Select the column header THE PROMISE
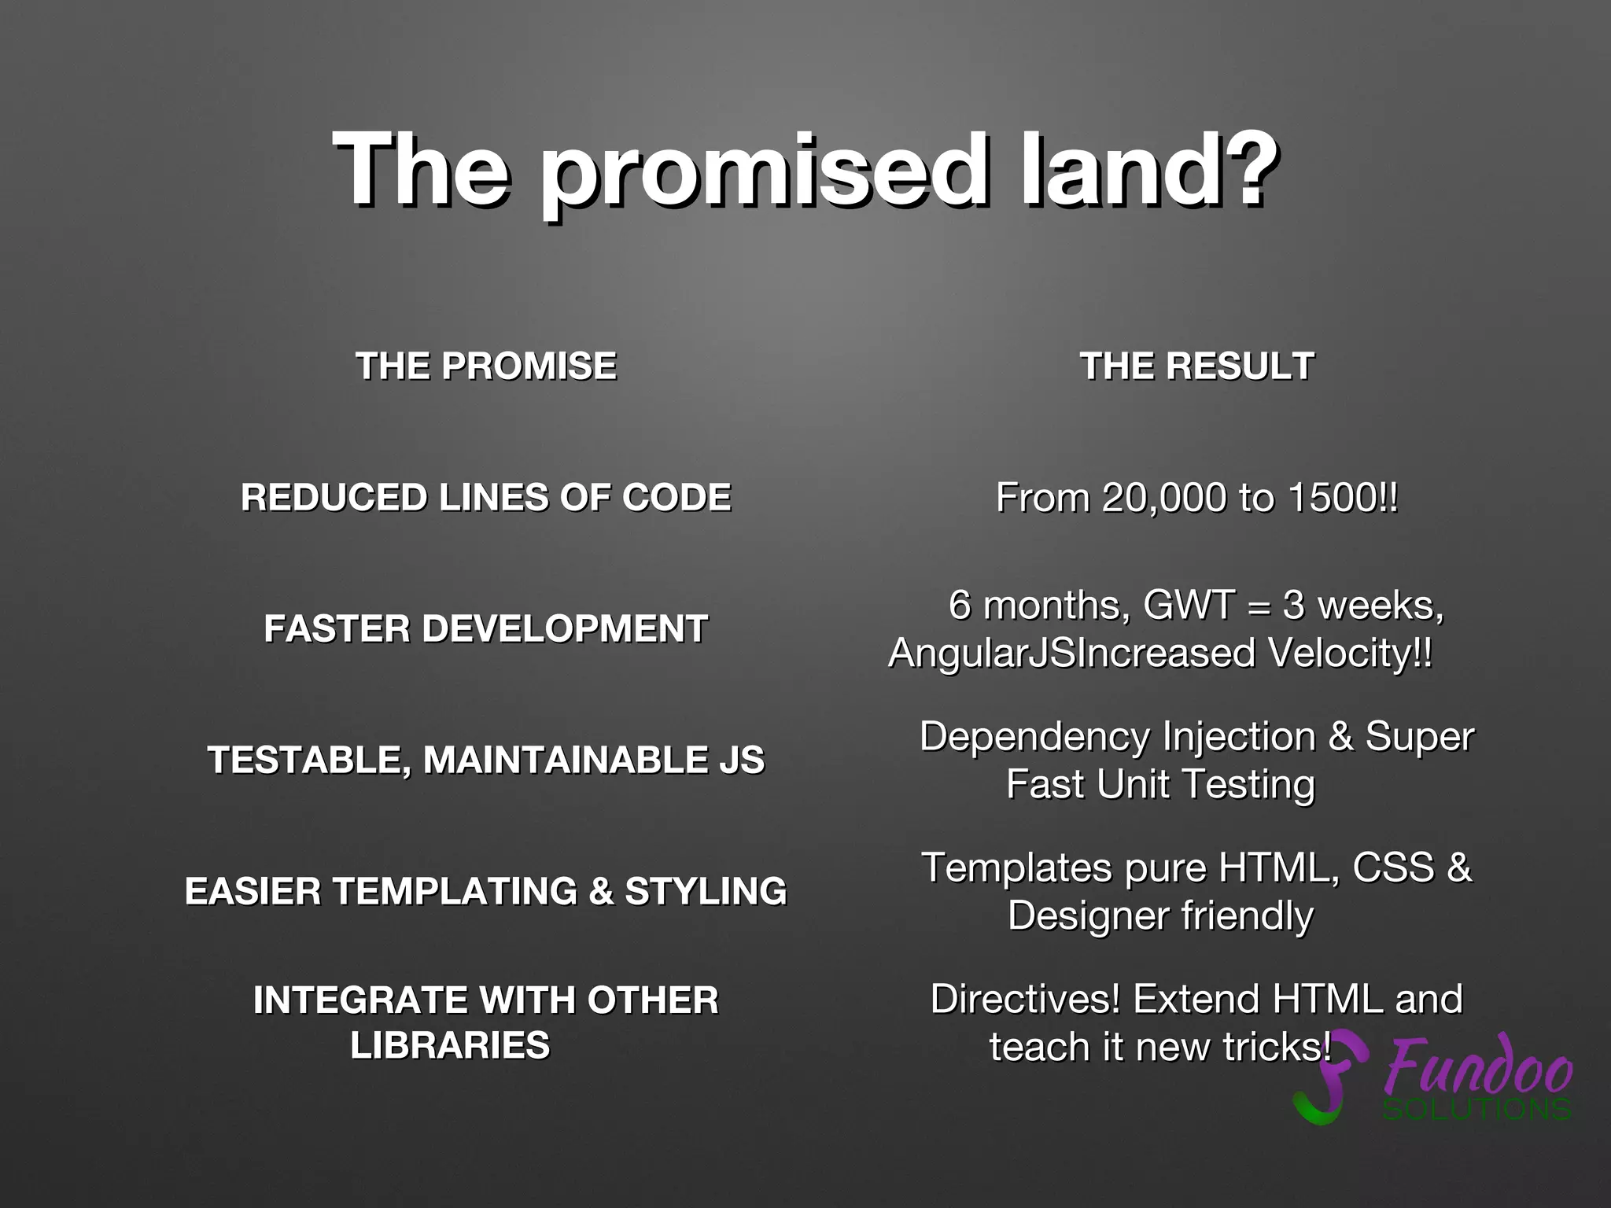pyautogui.click(x=486, y=366)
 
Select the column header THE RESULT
pyautogui.click(x=1196, y=366)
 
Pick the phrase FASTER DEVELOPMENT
pyautogui.click(x=486, y=629)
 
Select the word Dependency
pyautogui.click(x=1034, y=738)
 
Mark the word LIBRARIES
pyautogui.click(x=450, y=1046)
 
